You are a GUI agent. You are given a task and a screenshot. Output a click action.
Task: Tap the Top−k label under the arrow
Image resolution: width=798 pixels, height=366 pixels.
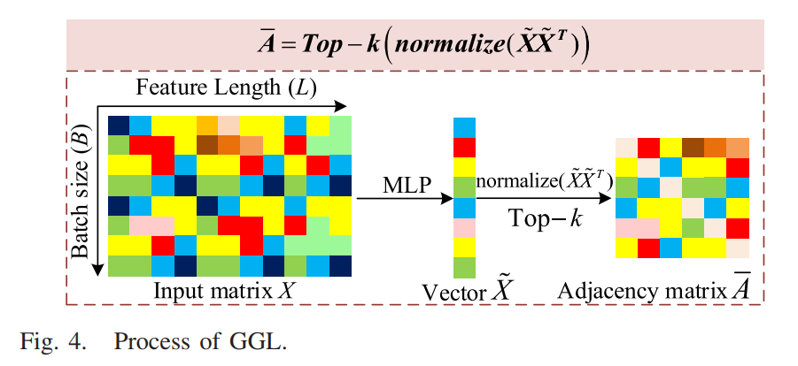click(542, 217)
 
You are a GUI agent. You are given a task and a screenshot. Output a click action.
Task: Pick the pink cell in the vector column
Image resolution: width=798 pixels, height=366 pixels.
click(464, 227)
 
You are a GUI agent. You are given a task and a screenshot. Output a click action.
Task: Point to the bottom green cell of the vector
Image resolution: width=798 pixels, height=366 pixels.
click(464, 267)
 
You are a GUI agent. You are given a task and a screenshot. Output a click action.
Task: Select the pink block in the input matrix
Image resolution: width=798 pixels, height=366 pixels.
click(151, 226)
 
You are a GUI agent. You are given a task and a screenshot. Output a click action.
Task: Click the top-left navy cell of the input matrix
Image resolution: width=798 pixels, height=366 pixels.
click(119, 124)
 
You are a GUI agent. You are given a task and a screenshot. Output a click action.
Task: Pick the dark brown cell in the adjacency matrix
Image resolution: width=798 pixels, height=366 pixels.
click(693, 147)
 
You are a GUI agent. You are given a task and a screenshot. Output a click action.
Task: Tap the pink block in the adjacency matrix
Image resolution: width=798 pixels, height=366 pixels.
click(638, 227)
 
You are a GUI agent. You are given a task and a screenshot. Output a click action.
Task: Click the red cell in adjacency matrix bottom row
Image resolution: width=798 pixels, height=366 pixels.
click(648, 248)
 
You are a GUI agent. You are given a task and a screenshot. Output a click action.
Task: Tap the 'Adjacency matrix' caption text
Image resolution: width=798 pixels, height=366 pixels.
click(635, 291)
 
